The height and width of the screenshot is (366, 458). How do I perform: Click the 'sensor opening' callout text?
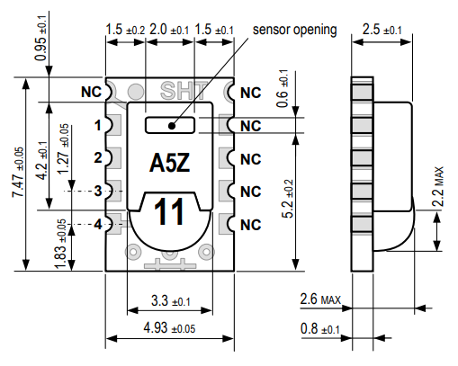(294, 30)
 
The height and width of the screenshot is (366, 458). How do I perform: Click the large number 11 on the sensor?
(170, 213)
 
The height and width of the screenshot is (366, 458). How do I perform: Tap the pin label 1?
(97, 125)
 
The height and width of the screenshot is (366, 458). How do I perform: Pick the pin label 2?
(97, 158)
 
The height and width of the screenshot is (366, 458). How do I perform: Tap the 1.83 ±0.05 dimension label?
(59, 243)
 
